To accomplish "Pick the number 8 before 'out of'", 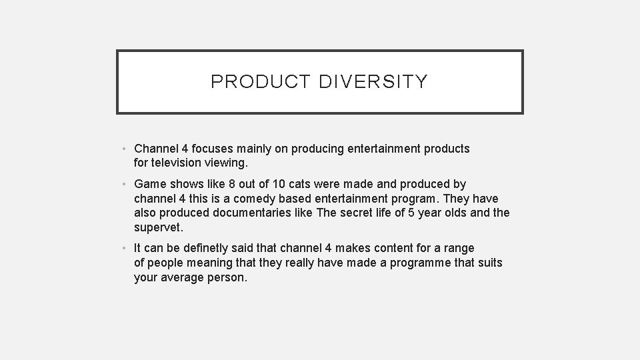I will click(231, 184).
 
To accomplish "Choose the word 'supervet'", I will click(159, 227).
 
